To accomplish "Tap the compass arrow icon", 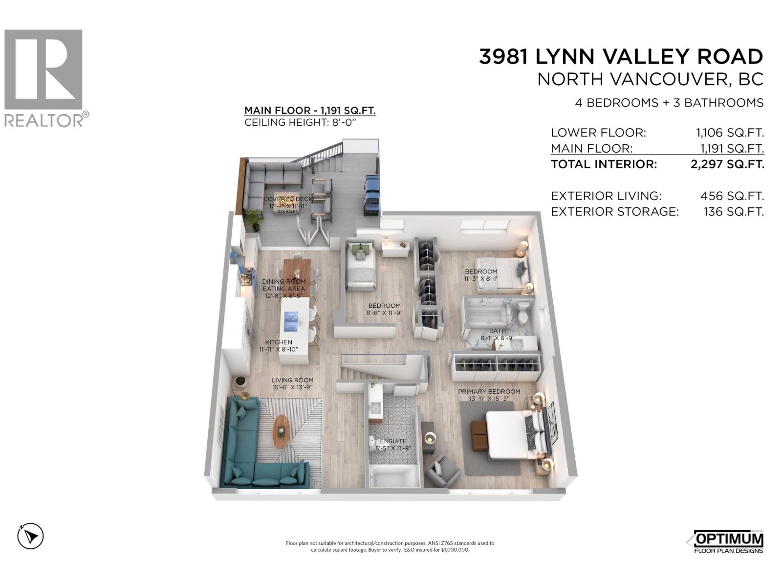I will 31,536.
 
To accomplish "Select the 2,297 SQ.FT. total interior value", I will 727,164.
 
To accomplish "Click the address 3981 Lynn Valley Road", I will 621,57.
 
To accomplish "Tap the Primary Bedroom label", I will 489,392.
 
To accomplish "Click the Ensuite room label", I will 393,441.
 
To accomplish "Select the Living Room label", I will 292,380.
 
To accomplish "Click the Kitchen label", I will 279,342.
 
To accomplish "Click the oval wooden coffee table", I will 281,431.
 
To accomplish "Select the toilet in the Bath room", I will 523,313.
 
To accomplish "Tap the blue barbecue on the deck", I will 371,195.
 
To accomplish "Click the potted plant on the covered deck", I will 254,220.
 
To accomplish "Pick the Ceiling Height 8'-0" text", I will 300,122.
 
